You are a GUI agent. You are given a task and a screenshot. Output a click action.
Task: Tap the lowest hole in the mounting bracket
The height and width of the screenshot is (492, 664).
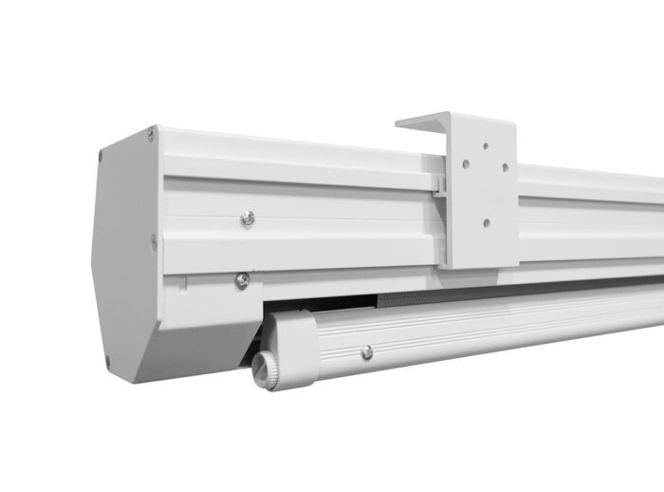coord(485,223)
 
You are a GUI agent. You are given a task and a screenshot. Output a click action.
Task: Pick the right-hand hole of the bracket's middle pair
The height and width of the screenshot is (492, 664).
coord(504,167)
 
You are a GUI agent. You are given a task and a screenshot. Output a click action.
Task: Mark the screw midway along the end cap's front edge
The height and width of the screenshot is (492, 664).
coord(154,241)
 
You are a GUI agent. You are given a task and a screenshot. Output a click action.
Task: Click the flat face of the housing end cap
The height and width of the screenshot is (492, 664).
coord(123,256)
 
